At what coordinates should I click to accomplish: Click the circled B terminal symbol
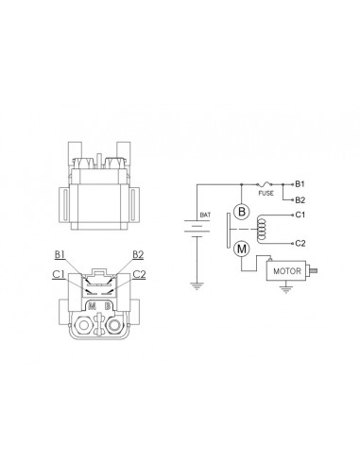click(x=241, y=211)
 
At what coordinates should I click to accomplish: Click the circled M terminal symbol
click(x=241, y=249)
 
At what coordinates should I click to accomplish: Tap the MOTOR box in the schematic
click(x=286, y=270)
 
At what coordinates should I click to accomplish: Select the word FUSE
click(x=266, y=193)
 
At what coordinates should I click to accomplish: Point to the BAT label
click(x=205, y=215)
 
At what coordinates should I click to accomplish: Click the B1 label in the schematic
click(x=300, y=184)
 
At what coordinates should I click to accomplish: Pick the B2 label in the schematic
click(x=300, y=200)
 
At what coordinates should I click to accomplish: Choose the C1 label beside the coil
click(x=300, y=215)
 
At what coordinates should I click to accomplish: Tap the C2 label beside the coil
click(x=300, y=244)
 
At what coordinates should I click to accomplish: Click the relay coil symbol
click(x=262, y=229)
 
